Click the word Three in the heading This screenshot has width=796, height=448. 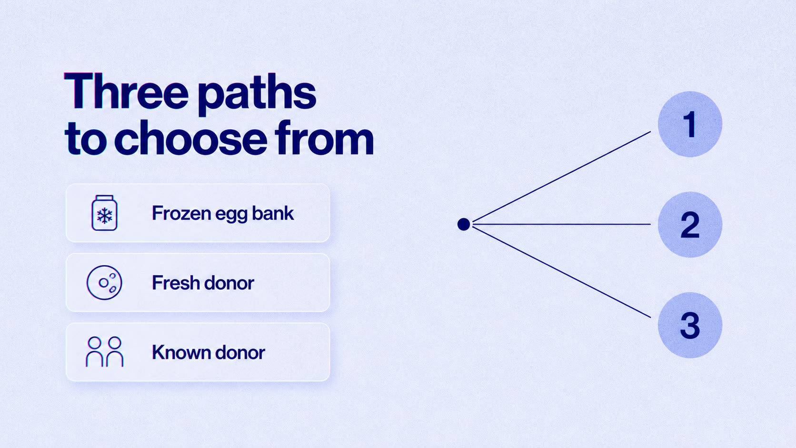(126, 91)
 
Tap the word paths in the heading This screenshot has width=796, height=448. (257, 95)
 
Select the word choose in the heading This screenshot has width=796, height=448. (190, 138)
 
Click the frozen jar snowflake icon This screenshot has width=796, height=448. (104, 213)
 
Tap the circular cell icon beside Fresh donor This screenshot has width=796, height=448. (104, 283)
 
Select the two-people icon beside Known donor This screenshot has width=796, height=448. (104, 352)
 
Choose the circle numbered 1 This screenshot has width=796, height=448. (690, 124)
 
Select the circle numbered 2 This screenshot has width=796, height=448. (690, 225)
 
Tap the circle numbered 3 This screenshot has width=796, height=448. (690, 325)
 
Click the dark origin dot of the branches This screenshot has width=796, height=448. (463, 225)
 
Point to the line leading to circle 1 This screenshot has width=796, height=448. (562, 177)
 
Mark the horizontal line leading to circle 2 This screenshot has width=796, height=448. (562, 225)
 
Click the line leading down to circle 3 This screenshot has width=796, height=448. (562, 272)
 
